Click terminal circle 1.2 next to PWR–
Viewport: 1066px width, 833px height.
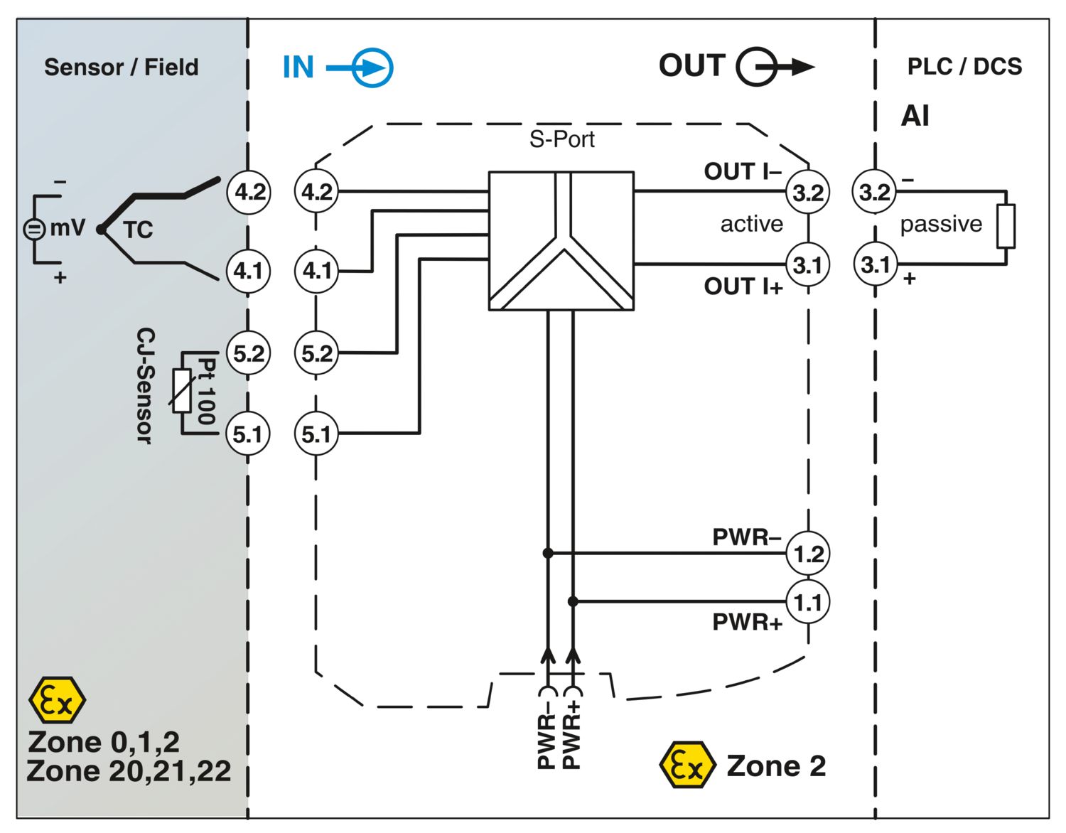pyautogui.click(x=808, y=553)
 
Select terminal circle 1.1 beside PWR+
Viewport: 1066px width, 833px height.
pyautogui.click(x=808, y=602)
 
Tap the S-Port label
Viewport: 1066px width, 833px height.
pyautogui.click(x=561, y=139)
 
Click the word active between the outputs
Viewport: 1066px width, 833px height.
pyautogui.click(x=751, y=224)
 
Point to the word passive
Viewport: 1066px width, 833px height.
pyautogui.click(x=940, y=224)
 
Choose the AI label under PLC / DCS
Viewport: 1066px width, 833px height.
pyautogui.click(x=915, y=116)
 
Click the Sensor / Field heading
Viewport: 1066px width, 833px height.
pyautogui.click(x=122, y=68)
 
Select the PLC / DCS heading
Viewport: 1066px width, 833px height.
pyautogui.click(x=964, y=67)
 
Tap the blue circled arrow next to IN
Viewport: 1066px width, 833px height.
pyautogui.click(x=372, y=68)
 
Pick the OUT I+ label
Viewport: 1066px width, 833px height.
pyautogui.click(x=743, y=286)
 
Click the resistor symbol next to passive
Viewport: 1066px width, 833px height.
pyautogui.click(x=1006, y=226)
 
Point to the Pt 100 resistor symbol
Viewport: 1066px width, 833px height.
pyautogui.click(x=183, y=391)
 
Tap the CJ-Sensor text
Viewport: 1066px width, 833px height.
pyautogui.click(x=145, y=386)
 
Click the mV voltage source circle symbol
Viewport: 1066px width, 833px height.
pyautogui.click(x=33, y=229)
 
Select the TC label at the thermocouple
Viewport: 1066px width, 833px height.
pyautogui.click(x=138, y=230)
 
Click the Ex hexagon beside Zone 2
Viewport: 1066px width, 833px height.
pyautogui.click(x=687, y=765)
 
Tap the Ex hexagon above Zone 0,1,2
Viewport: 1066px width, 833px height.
pyautogui.click(x=57, y=700)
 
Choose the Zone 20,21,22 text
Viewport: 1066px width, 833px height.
pyautogui.click(x=129, y=771)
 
